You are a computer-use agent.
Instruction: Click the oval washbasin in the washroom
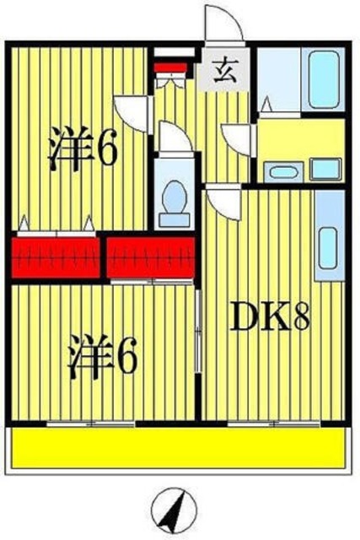click(282, 171)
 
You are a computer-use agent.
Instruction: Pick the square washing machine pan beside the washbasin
click(324, 169)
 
